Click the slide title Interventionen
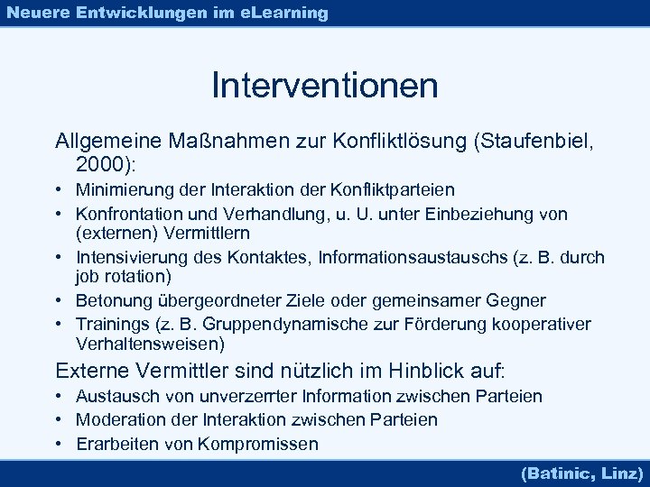point(325,86)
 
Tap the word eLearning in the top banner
point(284,13)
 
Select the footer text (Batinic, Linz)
point(581,472)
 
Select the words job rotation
point(124,276)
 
